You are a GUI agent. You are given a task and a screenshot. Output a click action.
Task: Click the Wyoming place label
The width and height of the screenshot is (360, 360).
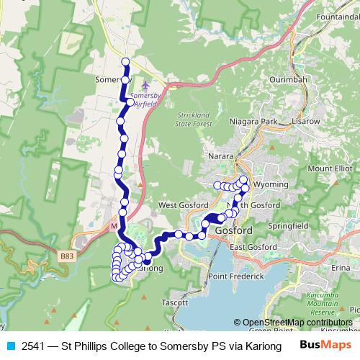tap(271, 185)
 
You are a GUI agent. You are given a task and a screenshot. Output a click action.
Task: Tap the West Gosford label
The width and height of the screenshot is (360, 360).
tap(178, 205)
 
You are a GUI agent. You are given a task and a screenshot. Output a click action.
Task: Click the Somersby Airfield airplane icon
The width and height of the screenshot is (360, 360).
tap(147, 86)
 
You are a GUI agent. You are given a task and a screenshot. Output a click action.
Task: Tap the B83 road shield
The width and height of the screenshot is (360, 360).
tap(67, 256)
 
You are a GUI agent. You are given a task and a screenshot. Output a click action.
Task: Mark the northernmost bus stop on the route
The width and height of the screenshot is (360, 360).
tap(125, 62)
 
